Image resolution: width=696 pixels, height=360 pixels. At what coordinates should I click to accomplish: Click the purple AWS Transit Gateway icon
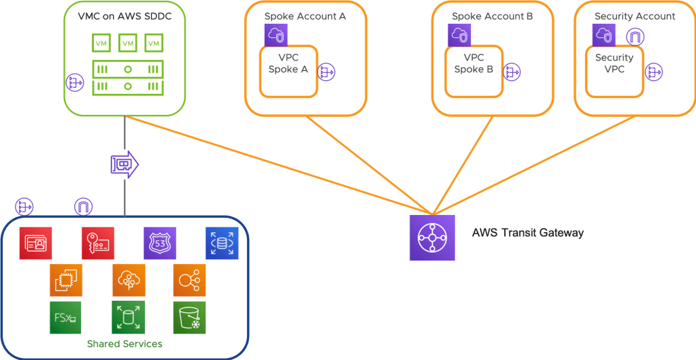click(432, 238)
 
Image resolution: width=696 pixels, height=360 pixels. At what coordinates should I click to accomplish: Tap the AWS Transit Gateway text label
click(528, 233)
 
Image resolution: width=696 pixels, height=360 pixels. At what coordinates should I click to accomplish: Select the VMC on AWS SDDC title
click(125, 16)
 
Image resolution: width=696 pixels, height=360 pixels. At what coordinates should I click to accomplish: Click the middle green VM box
click(127, 44)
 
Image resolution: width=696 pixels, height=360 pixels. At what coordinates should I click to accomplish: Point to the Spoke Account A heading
click(305, 16)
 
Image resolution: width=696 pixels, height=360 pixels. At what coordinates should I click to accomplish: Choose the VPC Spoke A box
click(288, 70)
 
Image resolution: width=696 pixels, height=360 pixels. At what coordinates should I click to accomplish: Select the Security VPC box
click(614, 70)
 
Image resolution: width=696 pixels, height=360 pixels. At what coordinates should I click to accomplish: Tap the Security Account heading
click(635, 16)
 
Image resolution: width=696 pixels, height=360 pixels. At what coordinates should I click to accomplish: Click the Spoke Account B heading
click(492, 16)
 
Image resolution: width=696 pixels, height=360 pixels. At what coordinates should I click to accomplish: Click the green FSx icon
click(65, 317)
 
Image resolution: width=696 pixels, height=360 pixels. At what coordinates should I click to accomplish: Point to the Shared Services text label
click(125, 344)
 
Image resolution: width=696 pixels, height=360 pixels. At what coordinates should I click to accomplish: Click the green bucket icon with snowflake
click(189, 317)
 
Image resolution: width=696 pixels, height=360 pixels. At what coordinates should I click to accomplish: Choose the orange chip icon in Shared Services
click(66, 280)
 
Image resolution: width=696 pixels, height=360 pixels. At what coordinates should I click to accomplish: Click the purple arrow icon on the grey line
click(124, 164)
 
